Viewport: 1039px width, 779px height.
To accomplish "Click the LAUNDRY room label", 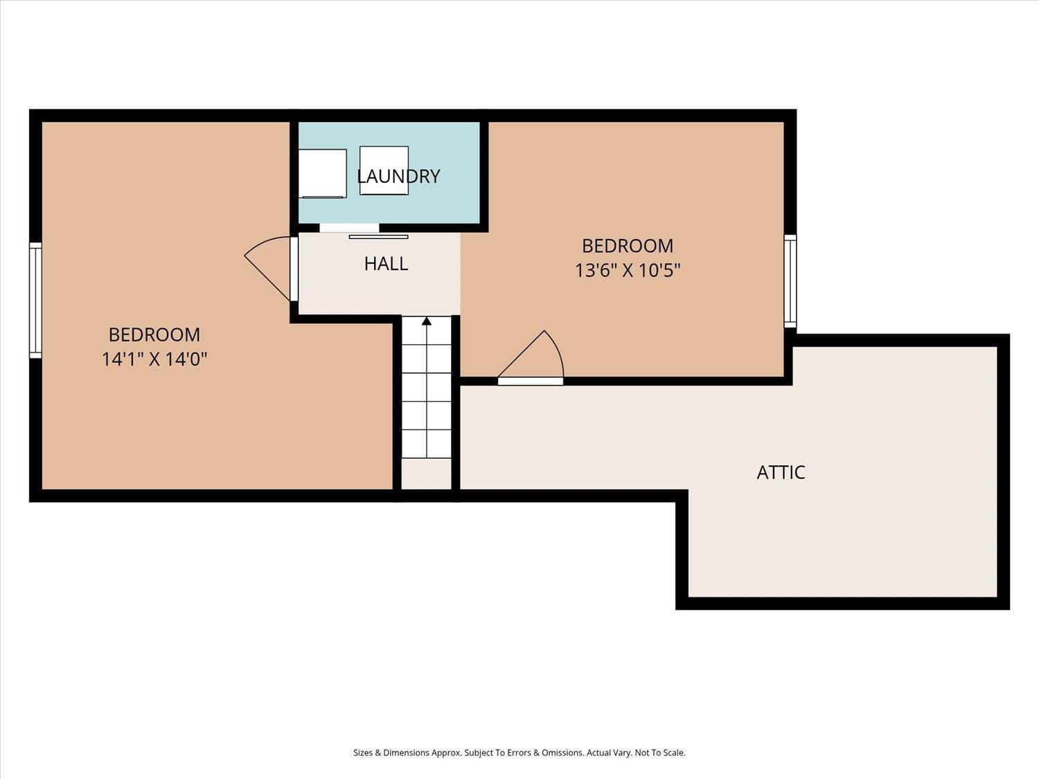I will click(398, 177).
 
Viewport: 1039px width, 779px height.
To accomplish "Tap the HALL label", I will click(386, 264).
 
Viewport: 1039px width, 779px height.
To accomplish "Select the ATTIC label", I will click(781, 472).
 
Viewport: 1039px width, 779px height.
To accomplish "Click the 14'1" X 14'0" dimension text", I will click(154, 359).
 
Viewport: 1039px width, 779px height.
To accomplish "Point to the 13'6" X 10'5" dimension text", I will click(628, 270).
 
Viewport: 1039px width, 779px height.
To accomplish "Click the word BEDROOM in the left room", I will click(154, 334).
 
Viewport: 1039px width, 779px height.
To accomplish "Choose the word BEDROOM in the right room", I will click(628, 246).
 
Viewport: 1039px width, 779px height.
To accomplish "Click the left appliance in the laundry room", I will click(322, 173).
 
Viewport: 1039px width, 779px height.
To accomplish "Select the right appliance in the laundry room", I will click(384, 170).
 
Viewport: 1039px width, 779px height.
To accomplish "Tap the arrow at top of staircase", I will click(427, 321).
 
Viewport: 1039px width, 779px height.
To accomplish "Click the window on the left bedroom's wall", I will click(35, 301).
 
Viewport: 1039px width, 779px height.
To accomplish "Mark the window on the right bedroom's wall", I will click(790, 280).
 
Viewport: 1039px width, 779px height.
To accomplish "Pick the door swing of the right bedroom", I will click(533, 357).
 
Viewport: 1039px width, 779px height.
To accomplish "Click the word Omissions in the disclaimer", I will click(560, 753).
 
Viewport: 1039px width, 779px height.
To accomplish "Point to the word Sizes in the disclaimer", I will click(362, 753).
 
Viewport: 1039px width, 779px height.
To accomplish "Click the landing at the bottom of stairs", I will click(427, 474).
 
